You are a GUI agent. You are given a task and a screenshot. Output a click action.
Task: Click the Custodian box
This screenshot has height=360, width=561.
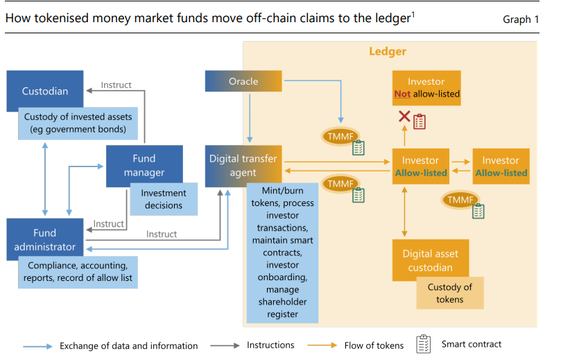[45, 91]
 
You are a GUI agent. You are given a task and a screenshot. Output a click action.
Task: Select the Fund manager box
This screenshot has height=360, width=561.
[144, 165]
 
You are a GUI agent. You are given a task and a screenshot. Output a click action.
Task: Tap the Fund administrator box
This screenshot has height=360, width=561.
[45, 239]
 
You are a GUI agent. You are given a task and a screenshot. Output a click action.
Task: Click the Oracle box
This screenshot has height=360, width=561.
[243, 81]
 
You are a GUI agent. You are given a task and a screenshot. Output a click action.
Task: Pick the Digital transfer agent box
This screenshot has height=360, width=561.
[243, 165]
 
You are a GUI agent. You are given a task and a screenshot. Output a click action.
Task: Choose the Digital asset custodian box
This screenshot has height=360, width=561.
[431, 260]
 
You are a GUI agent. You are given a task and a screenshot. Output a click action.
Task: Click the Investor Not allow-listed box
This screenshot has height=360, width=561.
[426, 87]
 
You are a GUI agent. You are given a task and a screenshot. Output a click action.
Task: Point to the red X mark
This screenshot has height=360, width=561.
[404, 117]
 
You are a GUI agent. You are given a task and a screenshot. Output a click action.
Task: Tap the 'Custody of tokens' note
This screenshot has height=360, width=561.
[449, 293]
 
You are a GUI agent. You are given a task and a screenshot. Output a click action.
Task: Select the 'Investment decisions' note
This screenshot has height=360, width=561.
[164, 199]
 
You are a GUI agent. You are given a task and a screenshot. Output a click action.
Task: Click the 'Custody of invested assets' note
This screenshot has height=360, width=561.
[78, 123]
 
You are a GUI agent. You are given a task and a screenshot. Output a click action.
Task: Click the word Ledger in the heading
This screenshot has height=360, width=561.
[388, 51]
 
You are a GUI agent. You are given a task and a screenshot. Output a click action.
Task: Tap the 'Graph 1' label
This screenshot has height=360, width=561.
[521, 19]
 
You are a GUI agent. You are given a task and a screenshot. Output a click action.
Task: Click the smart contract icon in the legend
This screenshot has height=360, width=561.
[423, 344]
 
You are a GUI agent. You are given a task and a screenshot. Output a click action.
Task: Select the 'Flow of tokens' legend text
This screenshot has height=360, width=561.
[374, 345]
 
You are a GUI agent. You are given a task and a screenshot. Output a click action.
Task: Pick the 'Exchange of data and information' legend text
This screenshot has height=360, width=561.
[128, 345]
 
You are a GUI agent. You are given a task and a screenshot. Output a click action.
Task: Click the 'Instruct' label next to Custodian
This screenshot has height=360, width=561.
[116, 85]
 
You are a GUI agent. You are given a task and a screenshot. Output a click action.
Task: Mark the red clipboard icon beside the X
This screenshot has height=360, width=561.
[420, 121]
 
